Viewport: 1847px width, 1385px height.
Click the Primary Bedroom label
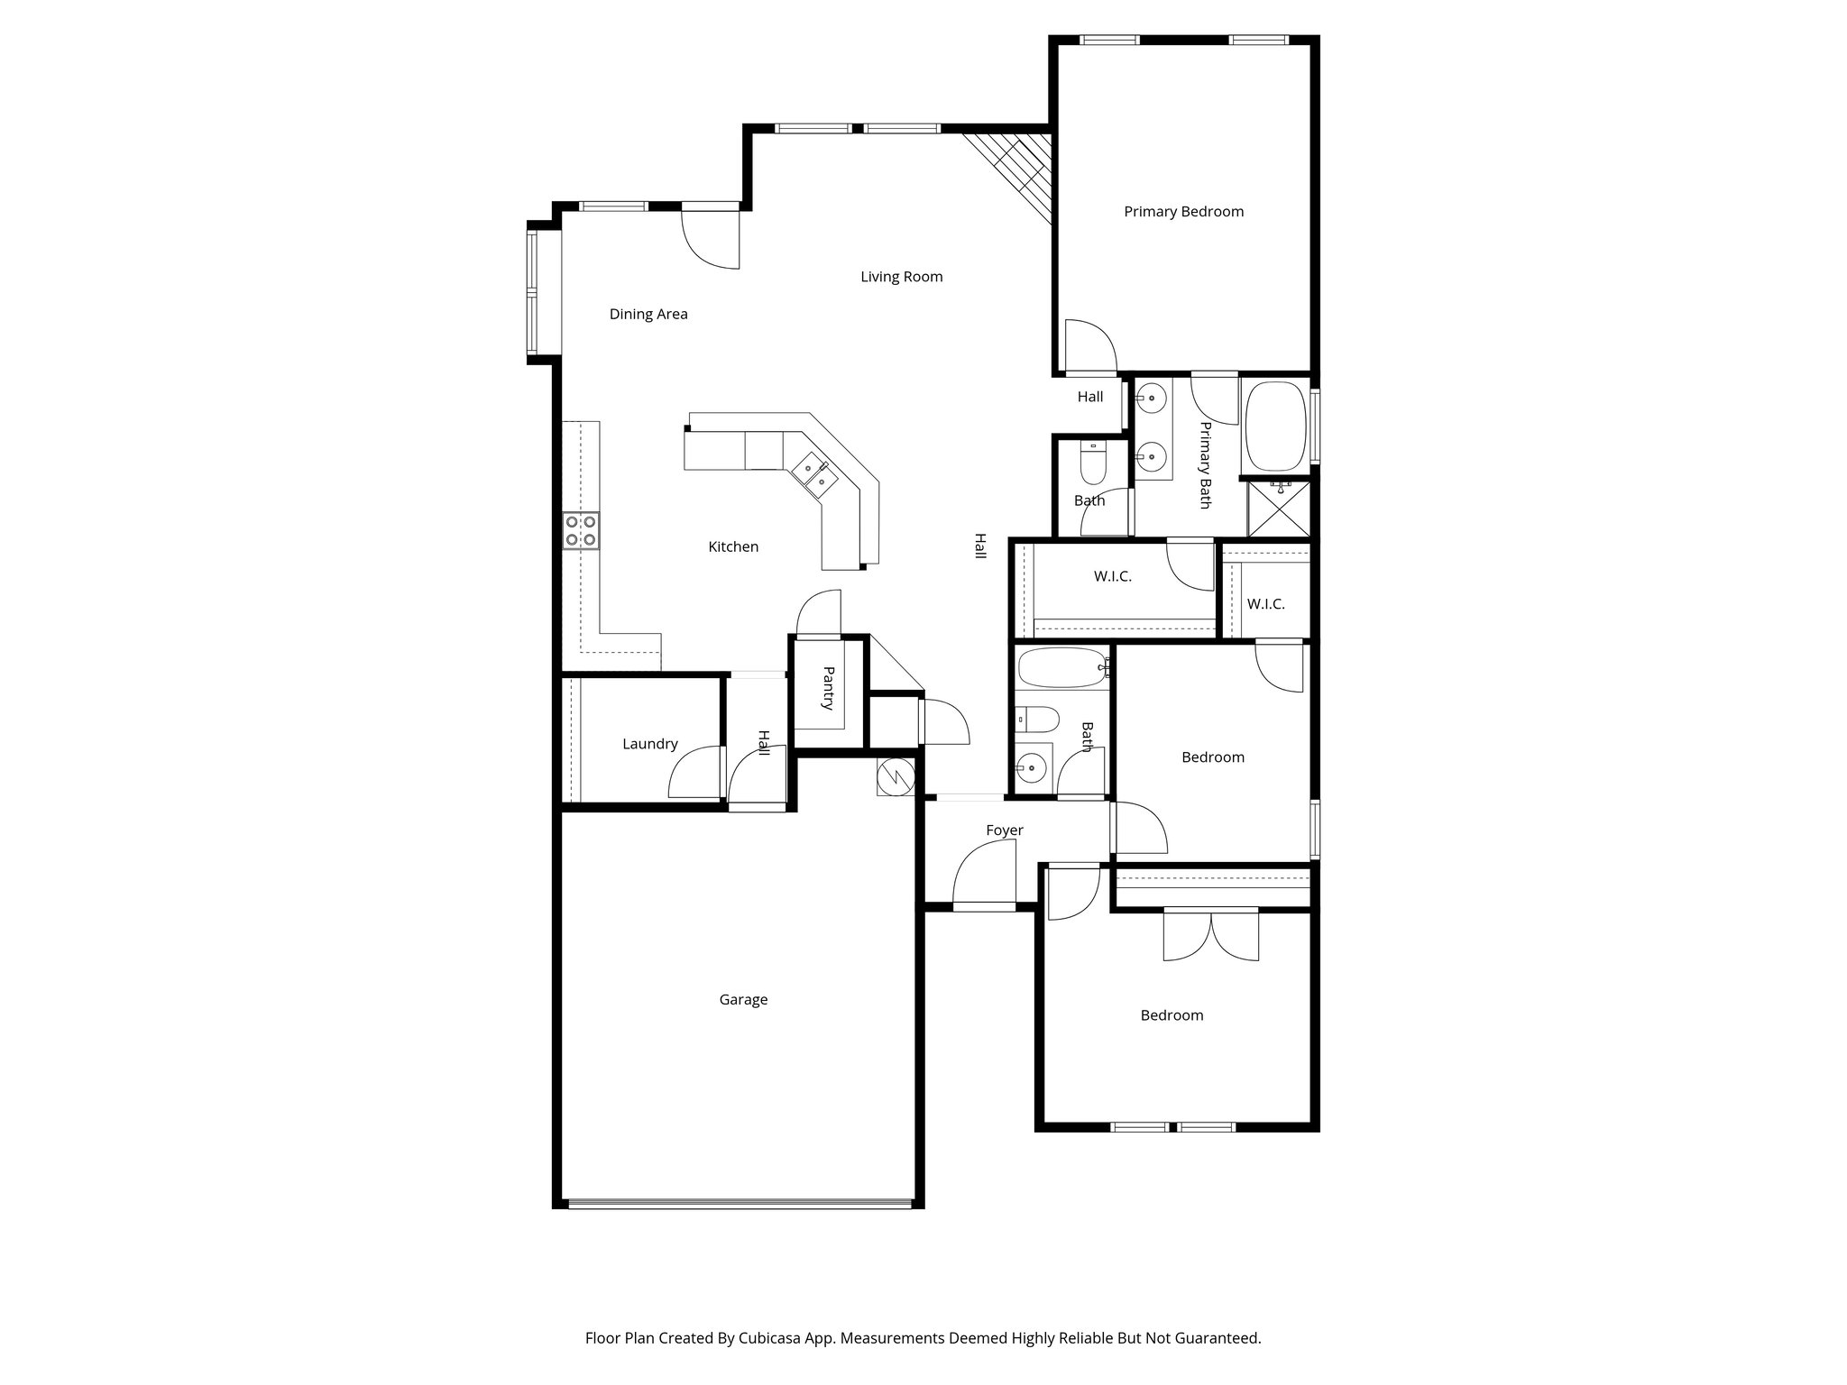pyautogui.click(x=1183, y=212)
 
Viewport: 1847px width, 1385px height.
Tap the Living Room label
pyautogui.click(x=901, y=277)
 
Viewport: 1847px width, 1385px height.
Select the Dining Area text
pyautogui.click(x=648, y=315)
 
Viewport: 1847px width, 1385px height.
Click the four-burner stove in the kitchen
pyautogui.click(x=581, y=530)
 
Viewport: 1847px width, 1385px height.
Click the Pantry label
pyautogui.click(x=828, y=689)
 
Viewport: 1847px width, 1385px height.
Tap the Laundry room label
pyautogui.click(x=649, y=744)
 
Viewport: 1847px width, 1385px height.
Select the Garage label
pyautogui.click(x=743, y=999)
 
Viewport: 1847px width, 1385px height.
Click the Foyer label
pyautogui.click(x=1004, y=830)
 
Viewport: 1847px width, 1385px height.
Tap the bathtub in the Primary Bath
pyautogui.click(x=1275, y=427)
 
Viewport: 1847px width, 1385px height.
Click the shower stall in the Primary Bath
pyautogui.click(x=1278, y=509)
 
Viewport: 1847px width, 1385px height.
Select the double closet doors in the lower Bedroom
pyautogui.click(x=1210, y=936)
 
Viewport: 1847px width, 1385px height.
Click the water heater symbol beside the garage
pyautogui.click(x=896, y=776)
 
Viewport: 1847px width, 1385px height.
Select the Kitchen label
pyautogui.click(x=733, y=547)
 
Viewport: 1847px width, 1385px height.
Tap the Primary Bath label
pyautogui.click(x=1205, y=465)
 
